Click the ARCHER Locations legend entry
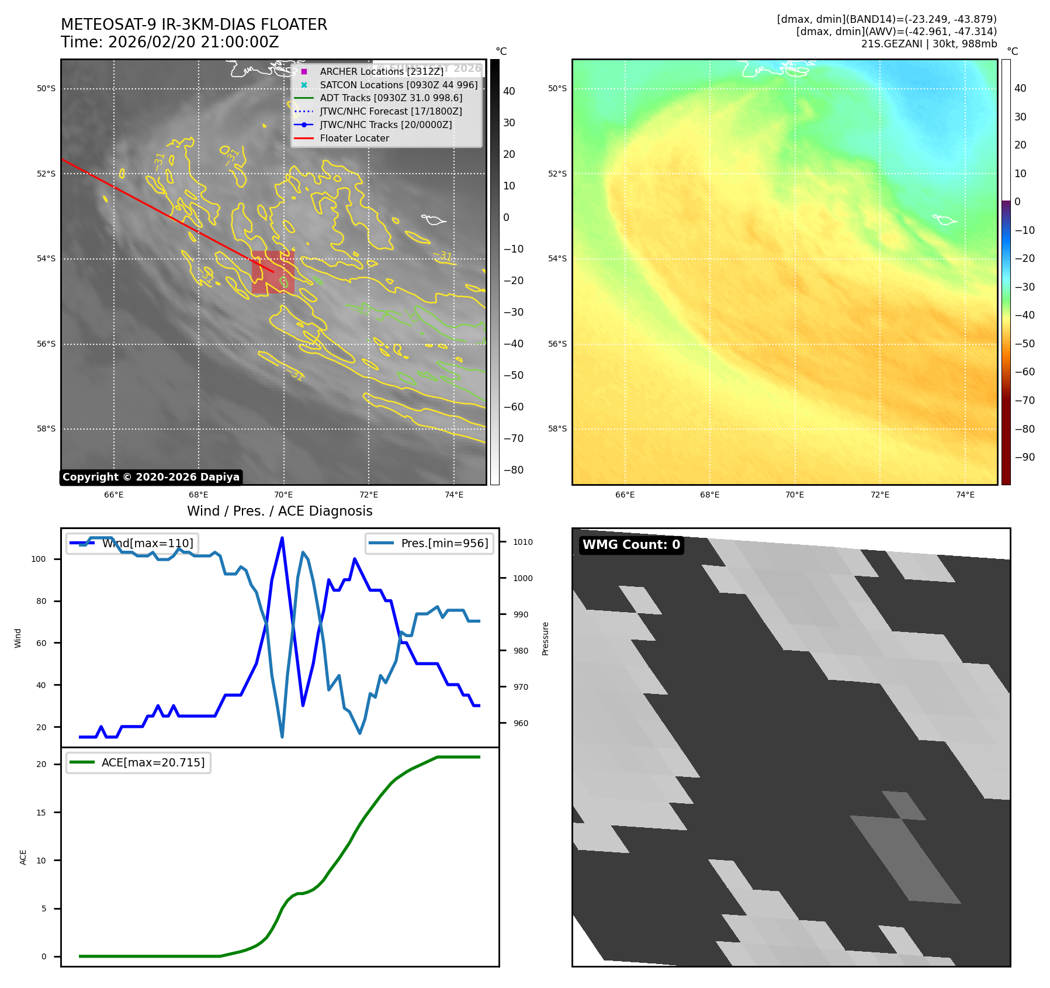point(381,71)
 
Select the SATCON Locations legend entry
point(398,85)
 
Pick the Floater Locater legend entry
point(354,139)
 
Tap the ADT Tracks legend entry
point(391,98)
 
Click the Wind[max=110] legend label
point(147,543)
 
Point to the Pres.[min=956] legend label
point(444,543)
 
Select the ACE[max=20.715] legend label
point(153,762)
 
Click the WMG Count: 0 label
point(631,545)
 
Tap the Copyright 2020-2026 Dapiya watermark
point(151,477)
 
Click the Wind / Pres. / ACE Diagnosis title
point(279,511)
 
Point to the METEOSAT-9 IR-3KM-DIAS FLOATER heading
point(194,25)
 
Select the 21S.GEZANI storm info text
point(928,44)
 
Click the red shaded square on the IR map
point(272,272)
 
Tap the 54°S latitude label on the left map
point(46,259)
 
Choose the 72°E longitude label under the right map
point(879,495)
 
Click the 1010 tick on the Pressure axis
point(523,542)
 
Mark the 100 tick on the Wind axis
point(39,559)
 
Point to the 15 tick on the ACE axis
point(41,812)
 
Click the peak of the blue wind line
point(282,538)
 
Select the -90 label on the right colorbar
point(1024,457)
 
